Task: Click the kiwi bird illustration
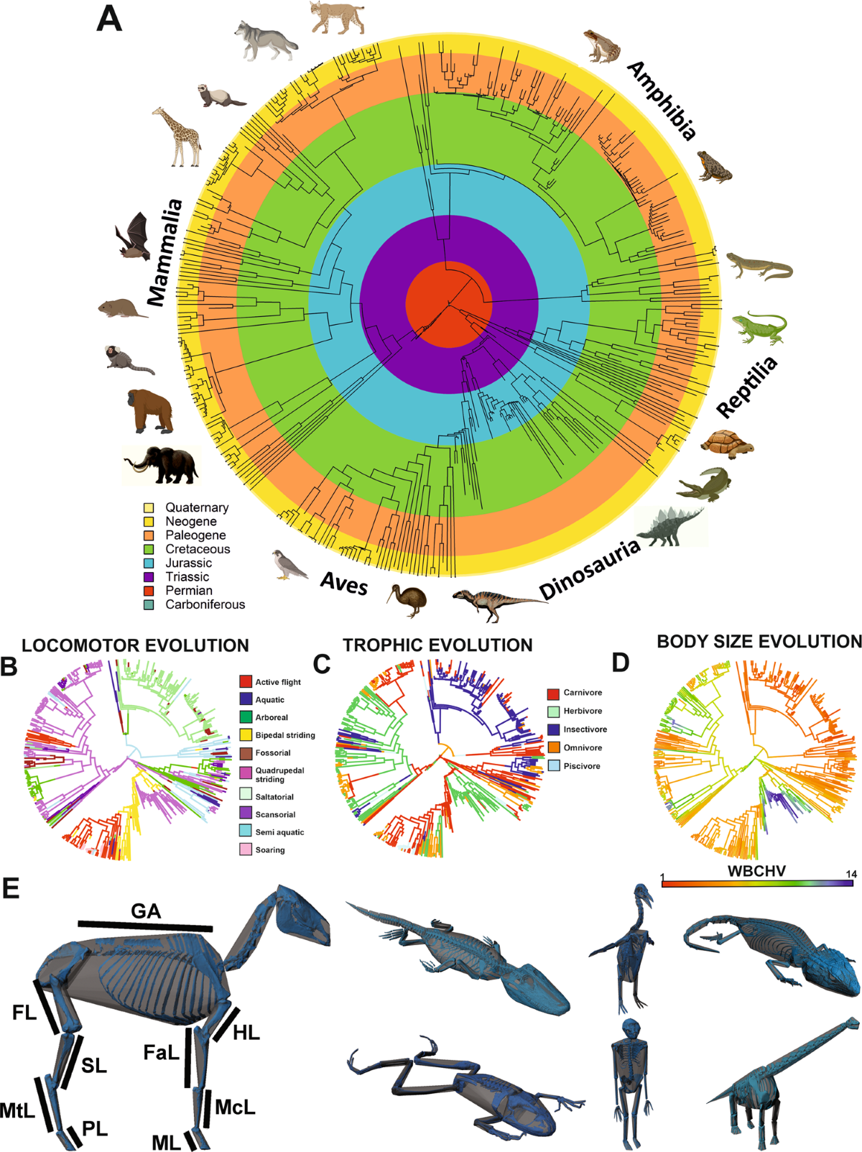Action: click(409, 599)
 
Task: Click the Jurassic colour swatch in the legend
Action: click(149, 563)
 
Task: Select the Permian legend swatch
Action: click(149, 591)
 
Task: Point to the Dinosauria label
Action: click(590, 569)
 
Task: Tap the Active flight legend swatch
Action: click(246, 681)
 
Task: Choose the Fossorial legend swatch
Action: click(246, 752)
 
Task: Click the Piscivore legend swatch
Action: click(553, 766)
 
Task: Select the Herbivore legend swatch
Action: click(553, 711)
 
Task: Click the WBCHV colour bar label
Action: click(756, 871)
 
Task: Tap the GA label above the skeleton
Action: click(146, 911)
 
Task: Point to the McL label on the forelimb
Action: click(235, 1107)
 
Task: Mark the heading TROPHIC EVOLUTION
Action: click(437, 645)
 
